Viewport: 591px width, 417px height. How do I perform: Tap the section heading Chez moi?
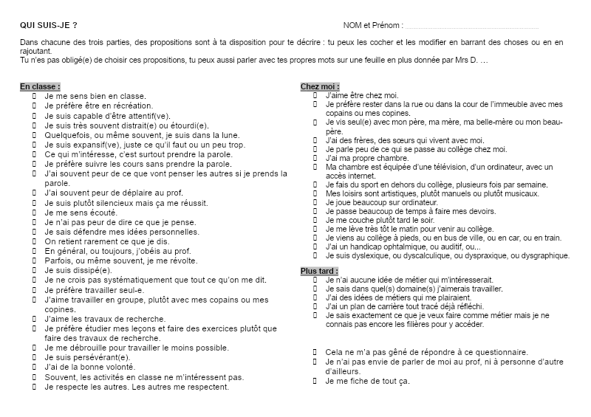coord(320,86)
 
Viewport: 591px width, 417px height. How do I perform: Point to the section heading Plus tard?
coord(320,272)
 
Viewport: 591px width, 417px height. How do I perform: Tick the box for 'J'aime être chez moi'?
coord(315,95)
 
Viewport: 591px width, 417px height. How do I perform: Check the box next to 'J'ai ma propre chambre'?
coord(315,158)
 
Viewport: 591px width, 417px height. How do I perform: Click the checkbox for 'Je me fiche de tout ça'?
coord(315,381)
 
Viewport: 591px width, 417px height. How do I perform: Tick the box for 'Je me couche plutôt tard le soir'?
coord(315,220)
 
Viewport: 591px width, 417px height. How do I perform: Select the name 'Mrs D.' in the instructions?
coord(468,59)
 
